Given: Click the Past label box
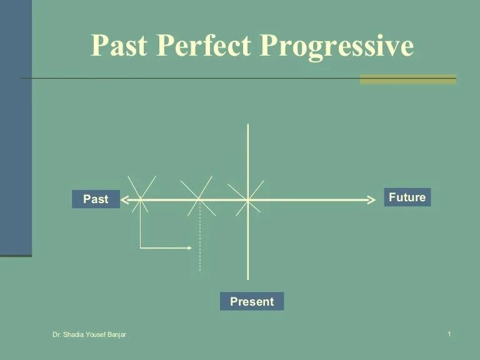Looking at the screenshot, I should coord(96,199).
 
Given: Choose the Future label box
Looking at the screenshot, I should coord(407,197).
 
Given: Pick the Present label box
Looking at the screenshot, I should coord(252,302).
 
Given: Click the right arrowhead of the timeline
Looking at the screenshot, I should coord(371,200).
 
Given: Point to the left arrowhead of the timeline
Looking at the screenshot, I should coord(124,200).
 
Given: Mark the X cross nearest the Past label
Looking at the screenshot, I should coord(141,199).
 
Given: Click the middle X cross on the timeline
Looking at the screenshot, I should coord(199,199).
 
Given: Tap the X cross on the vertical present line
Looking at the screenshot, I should coord(248,200).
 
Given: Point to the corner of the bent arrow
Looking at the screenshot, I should coord(141,248).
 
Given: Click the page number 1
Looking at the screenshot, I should coord(449,335).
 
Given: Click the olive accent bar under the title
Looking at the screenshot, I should coord(407,79).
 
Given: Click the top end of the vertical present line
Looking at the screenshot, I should coord(248,126).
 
